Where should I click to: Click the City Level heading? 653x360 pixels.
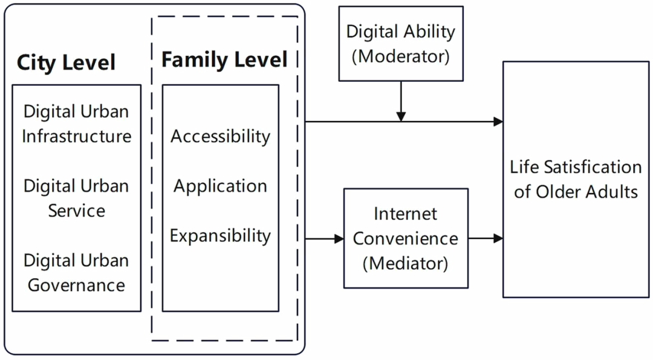tap(66, 62)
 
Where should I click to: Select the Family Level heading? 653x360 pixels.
tap(224, 59)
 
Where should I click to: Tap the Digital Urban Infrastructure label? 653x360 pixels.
tap(77, 124)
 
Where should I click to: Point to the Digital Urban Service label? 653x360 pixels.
tap(77, 198)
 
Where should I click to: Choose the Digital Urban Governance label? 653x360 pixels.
tap(77, 272)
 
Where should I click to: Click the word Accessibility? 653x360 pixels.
tap(220, 137)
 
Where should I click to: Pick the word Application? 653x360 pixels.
tap(220, 186)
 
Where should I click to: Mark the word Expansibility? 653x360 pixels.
tap(220, 236)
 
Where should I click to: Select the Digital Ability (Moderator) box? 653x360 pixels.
tap(401, 44)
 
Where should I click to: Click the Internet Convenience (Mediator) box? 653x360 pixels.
tap(406, 238)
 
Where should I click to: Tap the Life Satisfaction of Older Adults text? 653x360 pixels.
tap(576, 179)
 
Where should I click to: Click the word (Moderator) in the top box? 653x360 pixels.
tap(401, 56)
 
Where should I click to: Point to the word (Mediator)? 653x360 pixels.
tap(406, 263)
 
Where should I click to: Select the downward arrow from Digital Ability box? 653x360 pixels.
tap(401, 101)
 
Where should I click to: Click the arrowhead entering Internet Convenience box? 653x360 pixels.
tap(339, 239)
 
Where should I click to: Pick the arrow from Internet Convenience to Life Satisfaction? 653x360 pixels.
tap(486, 238)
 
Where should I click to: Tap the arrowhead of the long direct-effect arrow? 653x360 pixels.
tap(498, 122)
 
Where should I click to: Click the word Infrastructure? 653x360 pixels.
tap(77, 137)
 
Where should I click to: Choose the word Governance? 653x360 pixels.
tap(77, 286)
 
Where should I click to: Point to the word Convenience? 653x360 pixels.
tap(406, 239)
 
